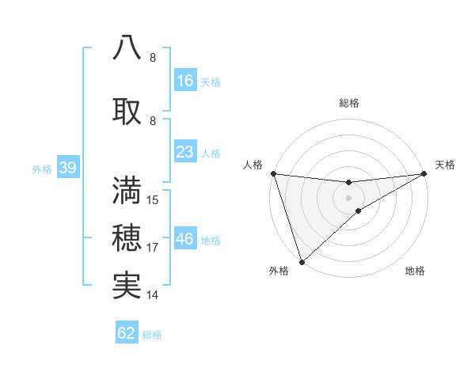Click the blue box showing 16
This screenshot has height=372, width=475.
pyautogui.click(x=185, y=81)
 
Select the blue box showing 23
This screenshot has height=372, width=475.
pyautogui.click(x=185, y=152)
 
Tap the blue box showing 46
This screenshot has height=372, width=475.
pyautogui.click(x=185, y=239)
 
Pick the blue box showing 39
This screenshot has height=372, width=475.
pyautogui.click(x=66, y=168)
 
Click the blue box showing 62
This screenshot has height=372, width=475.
pyautogui.click(x=127, y=333)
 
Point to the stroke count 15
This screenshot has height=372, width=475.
pyautogui.click(x=154, y=200)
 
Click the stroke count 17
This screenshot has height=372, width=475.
pyautogui.click(x=153, y=248)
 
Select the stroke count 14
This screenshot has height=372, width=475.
pyautogui.click(x=153, y=295)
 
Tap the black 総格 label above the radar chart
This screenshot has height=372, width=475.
pyautogui.click(x=349, y=103)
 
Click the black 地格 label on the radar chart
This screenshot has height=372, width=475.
pyautogui.click(x=415, y=271)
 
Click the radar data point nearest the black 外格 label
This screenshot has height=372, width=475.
pyautogui.click(x=302, y=261)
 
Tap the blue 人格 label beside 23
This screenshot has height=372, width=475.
pyautogui.click(x=211, y=153)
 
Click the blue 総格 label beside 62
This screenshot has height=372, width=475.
pyautogui.click(x=152, y=334)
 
